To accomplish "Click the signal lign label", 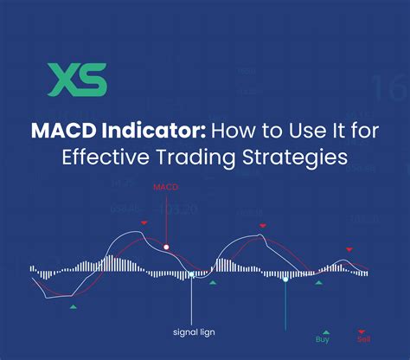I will click(192, 331).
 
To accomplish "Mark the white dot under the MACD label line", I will click(166, 247).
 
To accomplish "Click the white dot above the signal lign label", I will click(192, 274).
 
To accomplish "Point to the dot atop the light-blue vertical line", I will click(285, 279).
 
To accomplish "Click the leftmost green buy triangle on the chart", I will click(74, 306).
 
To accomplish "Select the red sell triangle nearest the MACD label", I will click(144, 223).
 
